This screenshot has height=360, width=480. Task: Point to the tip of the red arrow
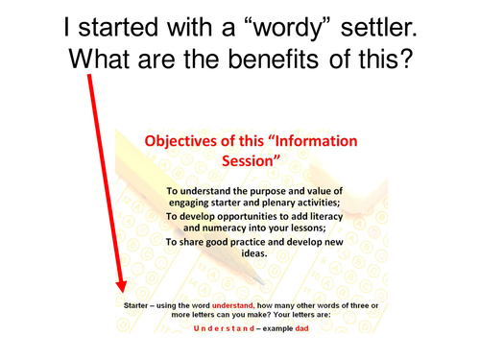point(121,293)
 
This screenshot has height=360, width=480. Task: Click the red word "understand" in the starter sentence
point(244,305)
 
